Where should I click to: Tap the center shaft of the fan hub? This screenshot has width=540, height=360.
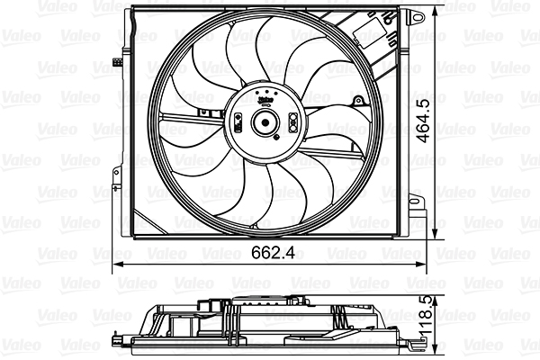(x=265, y=124)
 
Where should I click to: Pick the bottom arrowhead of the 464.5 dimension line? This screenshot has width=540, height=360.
(x=438, y=233)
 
